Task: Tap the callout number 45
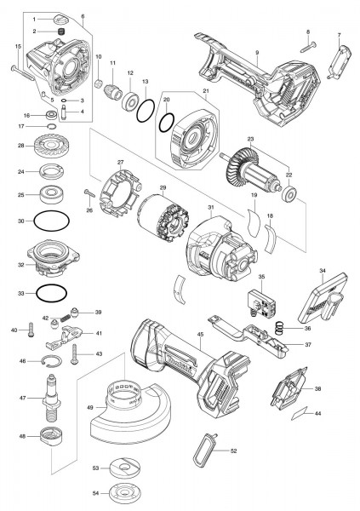(200, 335)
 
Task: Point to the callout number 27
(121, 162)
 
